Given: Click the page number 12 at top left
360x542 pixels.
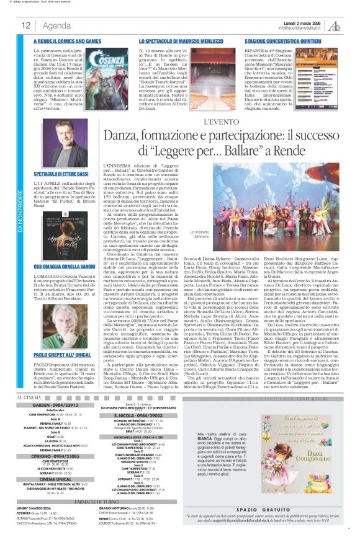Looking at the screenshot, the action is point(25,25).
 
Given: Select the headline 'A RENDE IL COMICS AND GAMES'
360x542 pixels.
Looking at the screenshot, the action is point(68,40).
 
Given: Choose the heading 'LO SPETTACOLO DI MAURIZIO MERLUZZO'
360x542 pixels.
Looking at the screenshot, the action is point(182,40).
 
